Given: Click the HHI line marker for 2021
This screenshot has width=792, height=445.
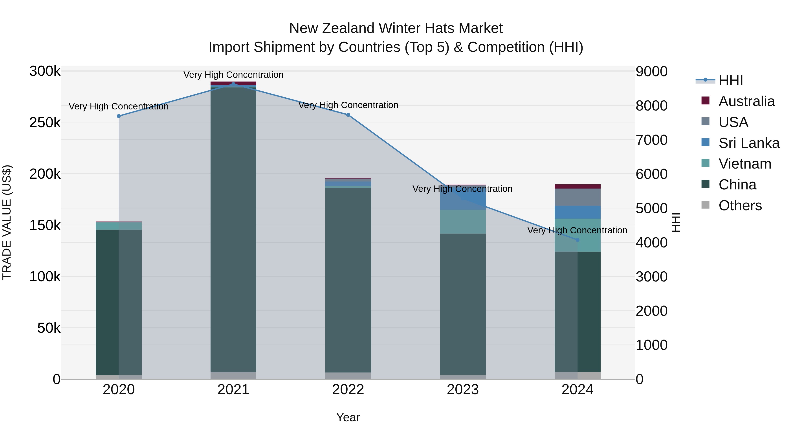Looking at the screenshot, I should tap(233, 84).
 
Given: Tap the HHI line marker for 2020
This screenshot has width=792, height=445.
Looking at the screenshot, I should tap(119, 116).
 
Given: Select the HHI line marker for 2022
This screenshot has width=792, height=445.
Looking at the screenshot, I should tap(348, 115).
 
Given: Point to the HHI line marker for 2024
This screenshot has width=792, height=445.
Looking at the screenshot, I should tap(577, 240).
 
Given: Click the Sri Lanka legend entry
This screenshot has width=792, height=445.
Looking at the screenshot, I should tap(749, 143).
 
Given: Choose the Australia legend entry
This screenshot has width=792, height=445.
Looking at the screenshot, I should tap(746, 101).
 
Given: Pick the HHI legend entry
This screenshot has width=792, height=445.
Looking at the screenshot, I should tap(730, 80).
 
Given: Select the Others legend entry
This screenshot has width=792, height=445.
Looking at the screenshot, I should tap(740, 205).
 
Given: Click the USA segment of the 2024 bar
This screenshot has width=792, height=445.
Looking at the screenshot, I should tap(577, 197).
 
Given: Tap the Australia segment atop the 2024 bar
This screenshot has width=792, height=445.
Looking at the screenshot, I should tap(577, 186).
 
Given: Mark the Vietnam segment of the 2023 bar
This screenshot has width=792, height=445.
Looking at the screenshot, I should tap(463, 222).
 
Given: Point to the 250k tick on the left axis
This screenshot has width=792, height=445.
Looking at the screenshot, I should tap(45, 123).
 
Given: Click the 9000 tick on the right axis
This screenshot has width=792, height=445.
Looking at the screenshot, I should tap(651, 72).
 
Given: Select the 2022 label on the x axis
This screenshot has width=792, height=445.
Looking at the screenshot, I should tap(348, 390).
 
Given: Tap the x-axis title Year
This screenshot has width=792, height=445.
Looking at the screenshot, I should tap(348, 417).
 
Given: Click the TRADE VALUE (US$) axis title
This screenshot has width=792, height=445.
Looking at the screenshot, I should tap(7, 222).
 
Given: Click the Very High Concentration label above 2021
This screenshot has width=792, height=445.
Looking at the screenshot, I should tap(233, 75).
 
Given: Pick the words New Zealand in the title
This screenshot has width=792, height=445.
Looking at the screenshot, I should tap(332, 28).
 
